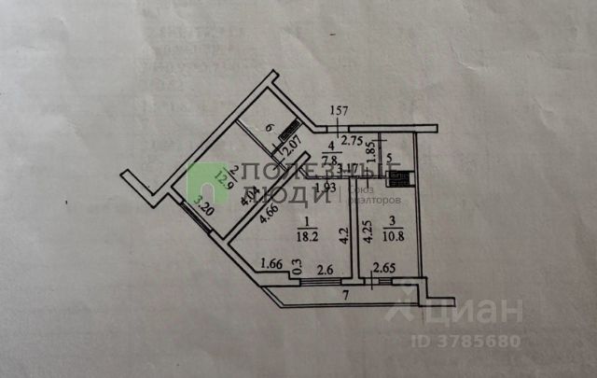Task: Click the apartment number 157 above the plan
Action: click(x=339, y=114)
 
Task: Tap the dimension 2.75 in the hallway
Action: click(x=351, y=142)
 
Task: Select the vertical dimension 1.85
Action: click(x=370, y=152)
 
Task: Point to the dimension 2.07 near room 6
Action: click(x=290, y=147)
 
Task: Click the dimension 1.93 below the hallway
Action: click(x=325, y=189)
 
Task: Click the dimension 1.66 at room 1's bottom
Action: click(x=273, y=263)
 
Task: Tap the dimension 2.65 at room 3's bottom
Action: click(x=384, y=270)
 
